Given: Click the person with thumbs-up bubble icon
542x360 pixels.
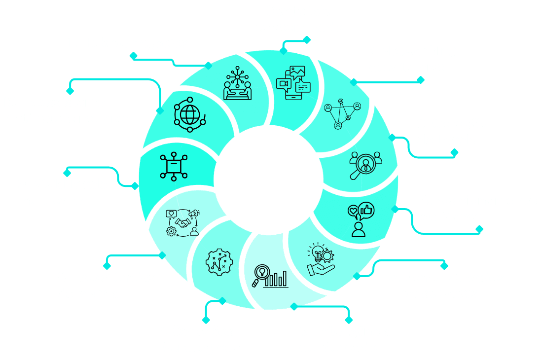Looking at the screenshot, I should pos(360,218).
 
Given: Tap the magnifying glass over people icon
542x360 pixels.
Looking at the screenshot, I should pos(365,164).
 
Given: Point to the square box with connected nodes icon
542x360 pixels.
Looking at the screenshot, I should pos(173,165).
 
